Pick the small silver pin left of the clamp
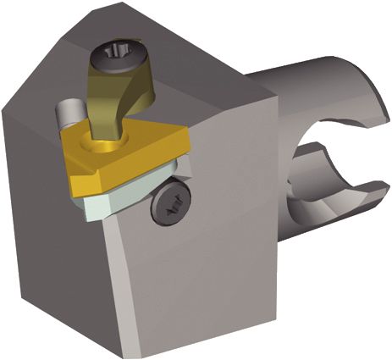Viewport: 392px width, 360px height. (68, 111)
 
